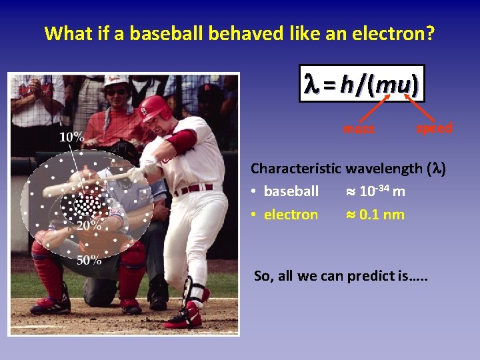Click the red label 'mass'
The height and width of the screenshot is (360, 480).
click(359, 129)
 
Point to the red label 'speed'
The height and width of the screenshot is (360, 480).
click(434, 127)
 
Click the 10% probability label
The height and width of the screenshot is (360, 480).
click(72, 137)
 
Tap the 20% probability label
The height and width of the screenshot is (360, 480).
click(89, 225)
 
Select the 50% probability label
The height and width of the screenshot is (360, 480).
click(89, 260)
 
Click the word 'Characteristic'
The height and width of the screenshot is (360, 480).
click(295, 169)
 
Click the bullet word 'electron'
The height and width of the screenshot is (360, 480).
click(291, 215)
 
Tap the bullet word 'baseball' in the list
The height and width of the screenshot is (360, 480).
click(291, 191)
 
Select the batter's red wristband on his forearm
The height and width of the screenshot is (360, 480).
click(181, 141)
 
